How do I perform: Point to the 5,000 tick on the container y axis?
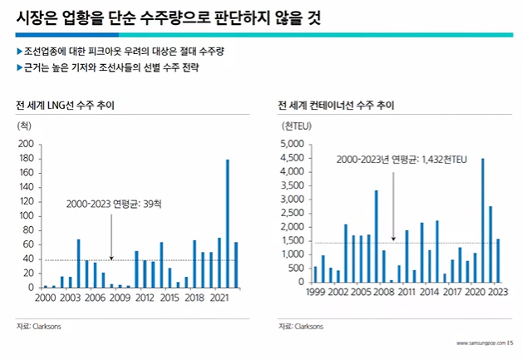pyautogui.click(x=293, y=144)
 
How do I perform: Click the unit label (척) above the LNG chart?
pyautogui.click(x=24, y=126)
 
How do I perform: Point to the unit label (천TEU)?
pyautogui.click(x=298, y=126)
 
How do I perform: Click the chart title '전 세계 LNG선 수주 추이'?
pyautogui.click(x=65, y=106)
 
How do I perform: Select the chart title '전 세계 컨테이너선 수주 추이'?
pyautogui.click(x=337, y=106)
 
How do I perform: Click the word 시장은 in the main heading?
pyautogui.click(x=37, y=17)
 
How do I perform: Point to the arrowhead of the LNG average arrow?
pyautogui.click(x=111, y=258)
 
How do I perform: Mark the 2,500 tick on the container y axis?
pyautogui.click(x=293, y=213)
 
